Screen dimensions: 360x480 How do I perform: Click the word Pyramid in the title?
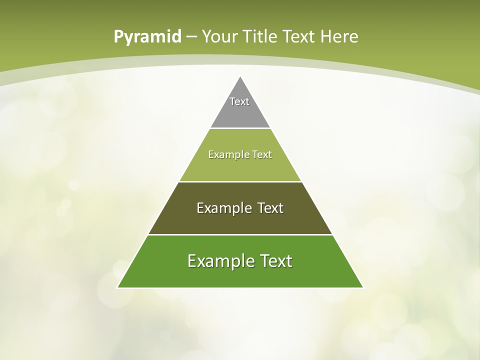point(147,37)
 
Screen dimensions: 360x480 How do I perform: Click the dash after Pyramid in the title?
point(191,37)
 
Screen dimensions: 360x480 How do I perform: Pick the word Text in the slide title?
point(299,36)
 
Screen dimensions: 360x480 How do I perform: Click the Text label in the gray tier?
point(239,101)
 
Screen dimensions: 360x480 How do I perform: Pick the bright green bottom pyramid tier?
point(240,275)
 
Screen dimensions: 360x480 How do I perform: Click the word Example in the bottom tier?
point(220,261)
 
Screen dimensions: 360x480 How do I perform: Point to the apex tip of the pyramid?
point(240,77)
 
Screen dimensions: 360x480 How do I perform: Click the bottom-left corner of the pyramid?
point(118,287)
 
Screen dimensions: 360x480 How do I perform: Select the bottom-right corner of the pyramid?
point(362,287)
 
